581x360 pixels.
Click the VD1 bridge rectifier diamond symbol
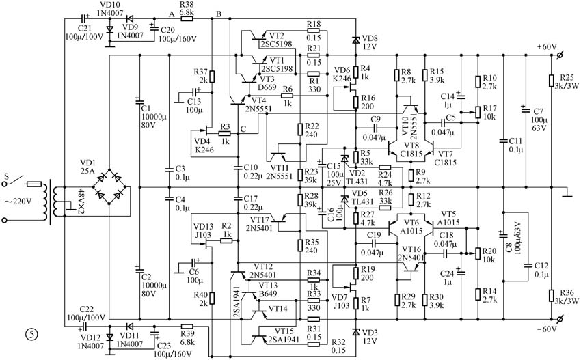(x=110, y=187)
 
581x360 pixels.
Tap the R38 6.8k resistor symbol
(x=187, y=18)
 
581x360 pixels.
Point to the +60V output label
(x=547, y=47)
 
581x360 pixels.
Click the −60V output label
(x=547, y=329)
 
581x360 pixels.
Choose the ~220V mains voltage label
(x=18, y=202)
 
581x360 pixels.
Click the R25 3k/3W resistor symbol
(x=552, y=81)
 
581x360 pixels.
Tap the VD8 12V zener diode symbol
(x=355, y=40)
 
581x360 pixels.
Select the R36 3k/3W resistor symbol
(x=552, y=296)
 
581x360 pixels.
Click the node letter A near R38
(x=171, y=14)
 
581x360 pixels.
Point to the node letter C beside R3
(x=243, y=129)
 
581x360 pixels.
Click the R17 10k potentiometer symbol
(x=478, y=111)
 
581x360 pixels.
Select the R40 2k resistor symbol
(x=212, y=298)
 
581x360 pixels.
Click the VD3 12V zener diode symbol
(x=355, y=331)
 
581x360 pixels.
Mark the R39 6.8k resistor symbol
(x=187, y=327)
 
